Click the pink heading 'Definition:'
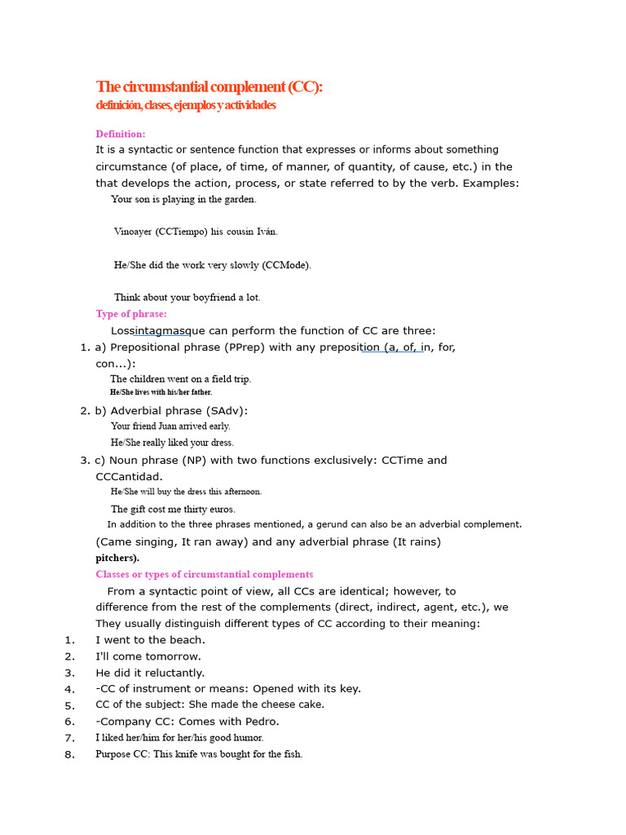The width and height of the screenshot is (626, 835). point(121,134)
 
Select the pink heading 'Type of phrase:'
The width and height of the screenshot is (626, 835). point(131,314)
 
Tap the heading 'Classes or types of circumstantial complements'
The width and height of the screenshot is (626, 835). point(204,575)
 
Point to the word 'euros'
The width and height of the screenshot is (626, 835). point(220,510)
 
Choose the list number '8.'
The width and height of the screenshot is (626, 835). point(69,754)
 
